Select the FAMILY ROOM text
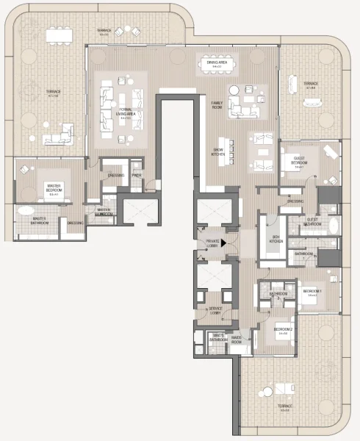(x=217, y=104)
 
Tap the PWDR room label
(x=136, y=176)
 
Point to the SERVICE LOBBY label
(x=215, y=310)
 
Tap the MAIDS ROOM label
(x=237, y=339)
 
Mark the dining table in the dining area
(x=216, y=62)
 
